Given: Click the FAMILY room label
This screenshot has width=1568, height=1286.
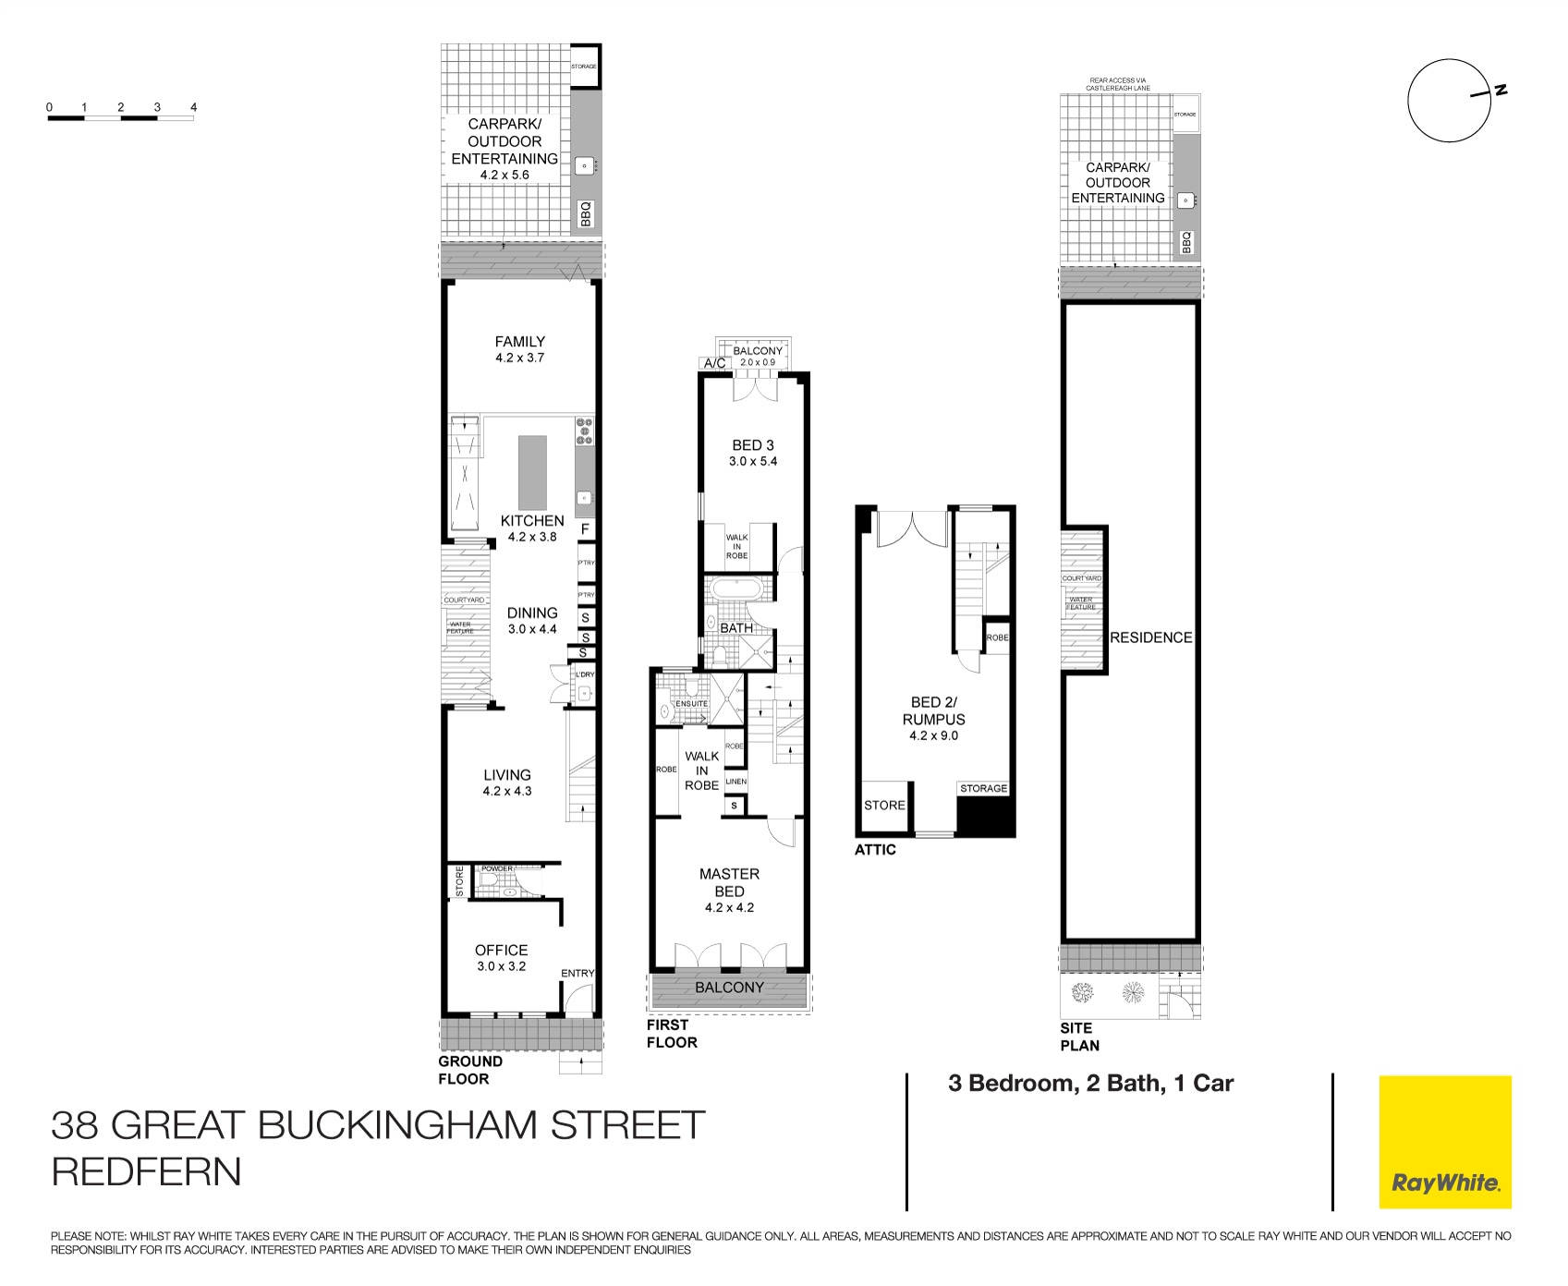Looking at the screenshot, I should pyautogui.click(x=519, y=342).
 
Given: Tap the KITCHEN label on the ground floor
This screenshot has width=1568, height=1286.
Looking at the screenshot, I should pyautogui.click(x=532, y=521).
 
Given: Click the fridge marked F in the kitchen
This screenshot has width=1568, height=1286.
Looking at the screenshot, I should pyautogui.click(x=586, y=530).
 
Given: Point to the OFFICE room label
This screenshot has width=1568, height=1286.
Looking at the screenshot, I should pyautogui.click(x=501, y=950).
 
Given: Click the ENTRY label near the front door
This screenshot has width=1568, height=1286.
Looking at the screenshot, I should pyautogui.click(x=577, y=973).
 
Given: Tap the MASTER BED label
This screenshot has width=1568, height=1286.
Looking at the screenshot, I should pyautogui.click(x=729, y=882).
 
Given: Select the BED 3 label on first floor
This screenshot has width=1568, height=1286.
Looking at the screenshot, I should pyautogui.click(x=752, y=445).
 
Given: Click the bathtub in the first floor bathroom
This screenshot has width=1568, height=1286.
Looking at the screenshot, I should pyautogui.click(x=735, y=588).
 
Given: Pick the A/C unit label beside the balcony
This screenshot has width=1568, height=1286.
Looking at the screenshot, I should pyautogui.click(x=715, y=364).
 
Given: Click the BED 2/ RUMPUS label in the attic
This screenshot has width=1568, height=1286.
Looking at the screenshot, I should pyautogui.click(x=933, y=710).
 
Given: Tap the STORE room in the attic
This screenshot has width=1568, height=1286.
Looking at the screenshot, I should pyautogui.click(x=884, y=806).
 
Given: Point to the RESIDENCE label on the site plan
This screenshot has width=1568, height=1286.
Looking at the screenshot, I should pyautogui.click(x=1150, y=637).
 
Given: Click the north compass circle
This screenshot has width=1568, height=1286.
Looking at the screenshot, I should pyautogui.click(x=1449, y=101).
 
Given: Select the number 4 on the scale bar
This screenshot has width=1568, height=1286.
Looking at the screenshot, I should pyautogui.click(x=193, y=107).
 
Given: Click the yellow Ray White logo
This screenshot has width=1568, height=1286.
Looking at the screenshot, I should pyautogui.click(x=1445, y=1142).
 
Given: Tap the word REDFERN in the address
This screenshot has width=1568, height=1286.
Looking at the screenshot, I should pyautogui.click(x=146, y=1171).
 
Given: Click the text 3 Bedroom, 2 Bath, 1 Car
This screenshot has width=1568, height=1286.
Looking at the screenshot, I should pyautogui.click(x=1090, y=1084).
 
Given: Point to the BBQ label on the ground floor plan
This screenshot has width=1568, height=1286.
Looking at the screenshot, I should pyautogui.click(x=585, y=214).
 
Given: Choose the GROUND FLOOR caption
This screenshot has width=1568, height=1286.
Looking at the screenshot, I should pyautogui.click(x=470, y=1070).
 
